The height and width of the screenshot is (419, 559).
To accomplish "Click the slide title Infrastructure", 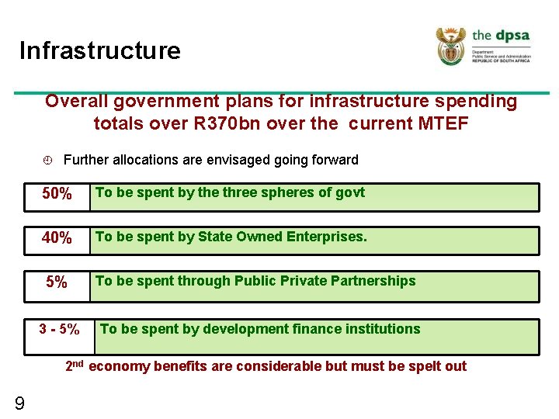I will (x=99, y=51).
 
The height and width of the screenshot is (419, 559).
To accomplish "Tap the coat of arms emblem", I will (x=451, y=46).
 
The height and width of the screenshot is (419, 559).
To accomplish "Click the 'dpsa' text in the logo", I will (x=512, y=35).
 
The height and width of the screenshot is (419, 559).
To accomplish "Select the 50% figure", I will (x=57, y=194).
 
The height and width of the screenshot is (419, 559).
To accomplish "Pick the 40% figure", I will (x=57, y=238).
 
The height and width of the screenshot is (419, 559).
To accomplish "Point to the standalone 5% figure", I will (x=57, y=282).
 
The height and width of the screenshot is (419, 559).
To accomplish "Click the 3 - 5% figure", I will (x=59, y=330).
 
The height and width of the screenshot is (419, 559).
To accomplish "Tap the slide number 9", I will (x=19, y=403).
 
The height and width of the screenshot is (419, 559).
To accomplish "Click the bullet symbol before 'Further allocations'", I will (x=47, y=161).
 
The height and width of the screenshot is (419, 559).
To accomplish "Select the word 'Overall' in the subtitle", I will (x=77, y=102).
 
